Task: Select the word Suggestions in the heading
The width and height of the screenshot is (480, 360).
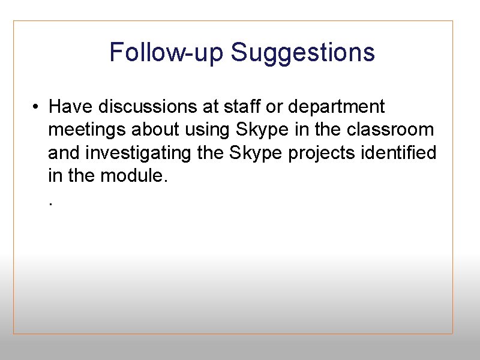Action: coord(303,52)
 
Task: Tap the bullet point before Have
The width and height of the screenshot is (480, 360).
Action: coord(37,107)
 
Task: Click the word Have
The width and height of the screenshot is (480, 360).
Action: coord(71,107)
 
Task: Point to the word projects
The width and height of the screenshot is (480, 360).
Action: coord(322,154)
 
